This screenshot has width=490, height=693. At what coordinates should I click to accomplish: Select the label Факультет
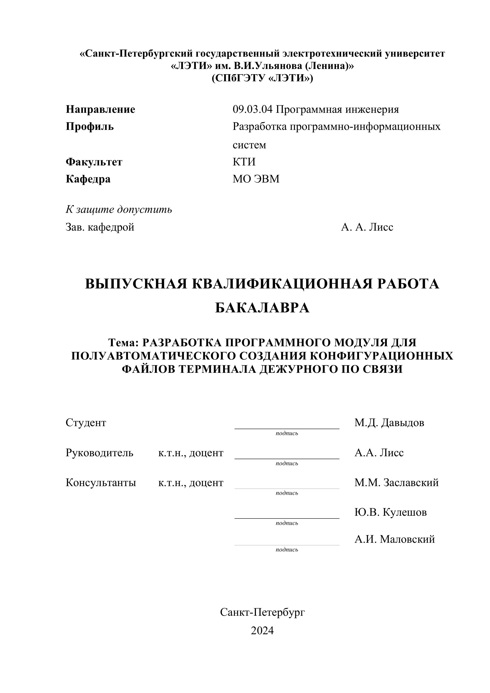tap(94, 162)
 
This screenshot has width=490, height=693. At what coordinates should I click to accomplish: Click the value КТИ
tap(244, 162)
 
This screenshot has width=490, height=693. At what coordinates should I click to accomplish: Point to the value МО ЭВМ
tap(256, 179)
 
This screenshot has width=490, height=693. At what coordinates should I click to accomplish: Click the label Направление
tap(100, 109)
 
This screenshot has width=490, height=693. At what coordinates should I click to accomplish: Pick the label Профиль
tap(90, 127)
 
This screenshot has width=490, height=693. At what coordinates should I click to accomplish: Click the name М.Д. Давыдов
tap(389, 423)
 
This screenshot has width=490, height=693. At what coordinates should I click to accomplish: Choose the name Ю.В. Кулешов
tap(390, 512)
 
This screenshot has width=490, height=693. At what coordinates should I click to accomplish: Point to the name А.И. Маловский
tap(394, 539)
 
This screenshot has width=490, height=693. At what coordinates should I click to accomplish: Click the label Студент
tap(86, 423)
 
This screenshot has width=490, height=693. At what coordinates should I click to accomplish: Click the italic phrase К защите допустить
tap(118, 210)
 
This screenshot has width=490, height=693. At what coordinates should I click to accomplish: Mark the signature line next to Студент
tap(287, 428)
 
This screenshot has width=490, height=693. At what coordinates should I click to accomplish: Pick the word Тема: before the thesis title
tap(123, 342)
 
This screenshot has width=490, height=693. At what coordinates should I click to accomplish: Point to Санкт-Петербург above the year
tap(262, 612)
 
